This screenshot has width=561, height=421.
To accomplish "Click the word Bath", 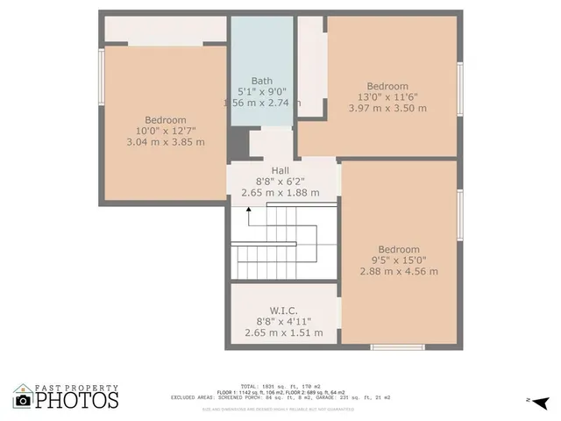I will (262, 80).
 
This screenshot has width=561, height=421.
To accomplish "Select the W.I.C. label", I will (283, 310).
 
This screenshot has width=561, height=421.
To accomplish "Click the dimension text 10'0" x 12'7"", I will (166, 131).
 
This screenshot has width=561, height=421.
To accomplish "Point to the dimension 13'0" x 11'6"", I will (387, 97).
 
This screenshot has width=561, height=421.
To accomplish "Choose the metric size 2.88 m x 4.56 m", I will (399, 271).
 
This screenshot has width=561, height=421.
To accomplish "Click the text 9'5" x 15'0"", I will (399, 260).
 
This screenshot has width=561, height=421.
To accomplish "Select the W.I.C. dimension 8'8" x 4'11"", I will (283, 321).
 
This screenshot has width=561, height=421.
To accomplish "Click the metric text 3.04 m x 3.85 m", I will (166, 142).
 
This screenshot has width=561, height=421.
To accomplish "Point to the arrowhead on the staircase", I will (248, 210).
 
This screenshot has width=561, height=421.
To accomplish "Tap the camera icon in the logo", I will (24, 400).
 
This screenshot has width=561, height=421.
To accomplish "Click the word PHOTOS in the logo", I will (77, 400).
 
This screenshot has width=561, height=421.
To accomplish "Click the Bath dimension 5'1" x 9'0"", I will (262, 91).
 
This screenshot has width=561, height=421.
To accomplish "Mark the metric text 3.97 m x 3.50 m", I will (387, 109).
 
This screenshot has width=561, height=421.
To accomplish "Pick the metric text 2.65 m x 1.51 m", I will (283, 332).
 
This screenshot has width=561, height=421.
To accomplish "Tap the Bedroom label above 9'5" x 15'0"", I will (399, 249).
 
